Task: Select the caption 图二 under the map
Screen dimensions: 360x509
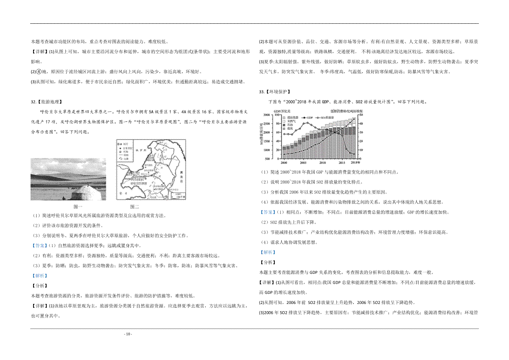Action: point(134,207)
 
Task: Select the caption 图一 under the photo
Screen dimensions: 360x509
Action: point(78,207)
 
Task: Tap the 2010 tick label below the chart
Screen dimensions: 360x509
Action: point(322,163)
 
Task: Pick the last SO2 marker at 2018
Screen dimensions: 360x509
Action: point(355,154)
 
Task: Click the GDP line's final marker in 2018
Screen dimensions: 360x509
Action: point(355,118)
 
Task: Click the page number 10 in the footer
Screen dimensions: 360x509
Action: point(128,334)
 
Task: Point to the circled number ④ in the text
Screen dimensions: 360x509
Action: point(38,71)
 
